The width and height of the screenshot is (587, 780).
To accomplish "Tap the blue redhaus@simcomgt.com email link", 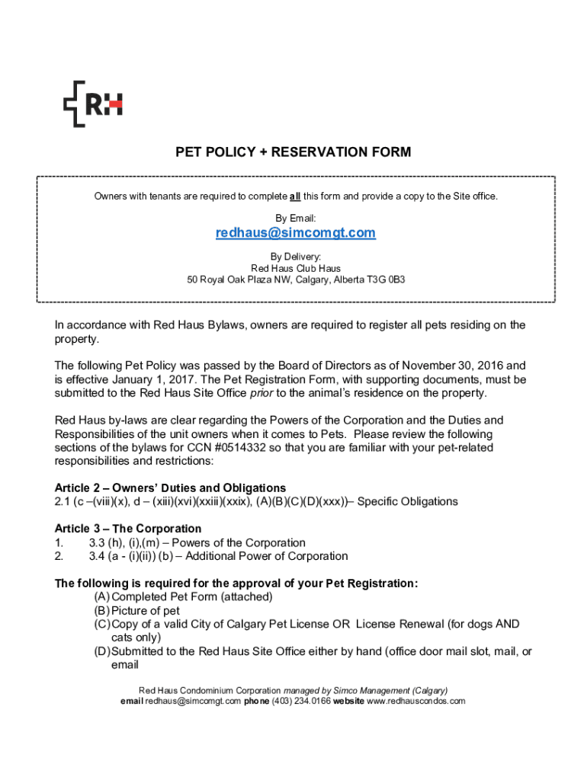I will pyautogui.click(x=296, y=233).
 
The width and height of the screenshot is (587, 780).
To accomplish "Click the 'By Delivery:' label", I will pyautogui.click(x=296, y=257).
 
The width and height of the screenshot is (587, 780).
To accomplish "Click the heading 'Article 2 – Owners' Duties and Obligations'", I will pyautogui.click(x=170, y=487).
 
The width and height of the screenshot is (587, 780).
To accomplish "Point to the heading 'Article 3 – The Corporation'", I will pyautogui.click(x=128, y=529).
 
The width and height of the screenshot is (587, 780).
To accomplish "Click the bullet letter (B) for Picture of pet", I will pyautogui.click(x=101, y=611).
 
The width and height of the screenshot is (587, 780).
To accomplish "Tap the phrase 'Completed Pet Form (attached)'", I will pyautogui.click(x=192, y=597).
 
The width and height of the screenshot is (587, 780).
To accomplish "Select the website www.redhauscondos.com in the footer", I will pyautogui.click(x=415, y=701).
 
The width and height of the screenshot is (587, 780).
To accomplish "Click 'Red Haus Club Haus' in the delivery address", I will pyautogui.click(x=296, y=269).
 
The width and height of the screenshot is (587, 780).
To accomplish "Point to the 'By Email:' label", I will pyautogui.click(x=296, y=219).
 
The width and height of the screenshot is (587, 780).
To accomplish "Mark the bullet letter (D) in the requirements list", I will pyautogui.click(x=101, y=651).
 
